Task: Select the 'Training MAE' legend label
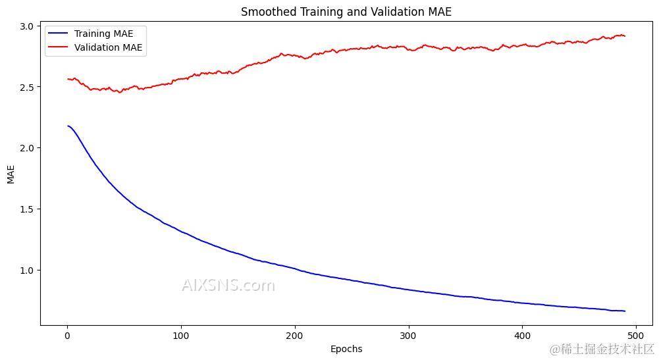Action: click(x=103, y=34)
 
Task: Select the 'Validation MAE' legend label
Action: click(x=108, y=47)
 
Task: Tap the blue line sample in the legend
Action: click(x=59, y=34)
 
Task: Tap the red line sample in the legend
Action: click(x=59, y=47)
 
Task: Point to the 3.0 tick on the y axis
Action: click(x=28, y=26)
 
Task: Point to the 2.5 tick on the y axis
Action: click(x=28, y=87)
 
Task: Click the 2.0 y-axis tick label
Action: click(x=28, y=148)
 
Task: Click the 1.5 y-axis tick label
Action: click(x=28, y=209)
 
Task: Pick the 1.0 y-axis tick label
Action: click(x=28, y=270)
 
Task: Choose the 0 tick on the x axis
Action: click(x=67, y=336)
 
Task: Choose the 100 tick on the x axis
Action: click(x=180, y=336)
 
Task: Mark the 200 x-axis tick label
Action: click(x=294, y=336)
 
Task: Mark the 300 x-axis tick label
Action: click(x=408, y=336)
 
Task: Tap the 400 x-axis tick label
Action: click(x=522, y=336)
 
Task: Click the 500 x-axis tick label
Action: click(x=636, y=336)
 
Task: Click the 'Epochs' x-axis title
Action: click(x=346, y=349)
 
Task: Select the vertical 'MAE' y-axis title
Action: click(x=11, y=174)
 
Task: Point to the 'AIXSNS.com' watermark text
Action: click(x=228, y=285)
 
